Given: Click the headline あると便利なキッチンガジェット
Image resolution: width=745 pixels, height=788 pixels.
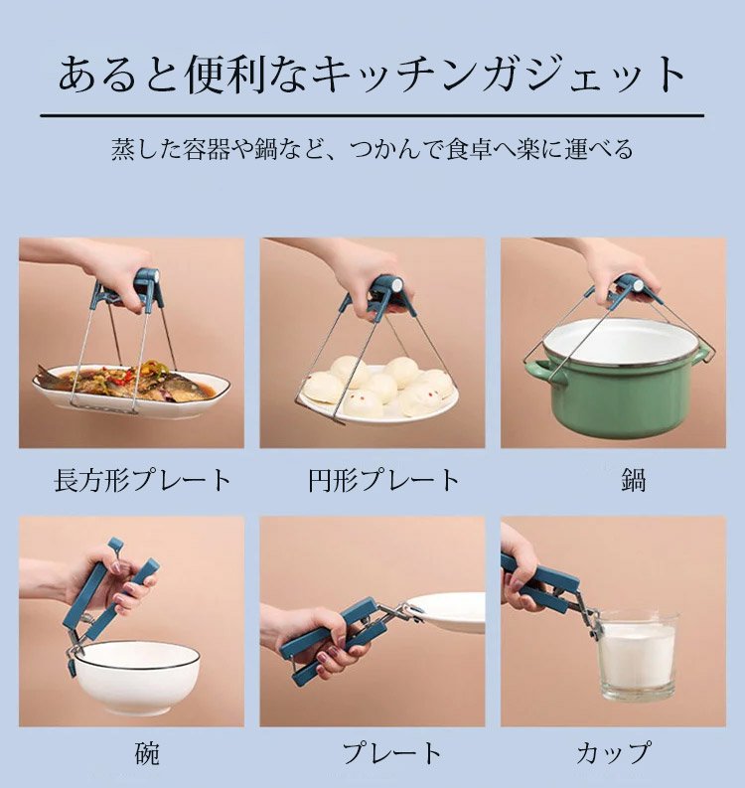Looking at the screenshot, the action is pos(372,76).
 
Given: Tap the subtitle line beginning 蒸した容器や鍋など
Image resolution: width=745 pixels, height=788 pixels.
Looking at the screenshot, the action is pos(372,149).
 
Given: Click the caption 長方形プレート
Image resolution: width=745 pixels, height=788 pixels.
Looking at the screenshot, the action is pos(143,480).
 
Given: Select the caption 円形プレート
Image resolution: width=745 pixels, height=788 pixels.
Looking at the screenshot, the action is pos(383,480).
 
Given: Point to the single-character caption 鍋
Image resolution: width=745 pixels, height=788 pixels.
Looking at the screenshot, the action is pos(633,480).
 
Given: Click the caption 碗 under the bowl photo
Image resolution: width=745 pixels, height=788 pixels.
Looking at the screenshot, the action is pos(147,753).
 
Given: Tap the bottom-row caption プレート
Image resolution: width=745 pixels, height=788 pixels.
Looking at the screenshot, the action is pos(391,753).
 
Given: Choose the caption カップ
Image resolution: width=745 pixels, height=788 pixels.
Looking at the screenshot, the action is pos(613,753).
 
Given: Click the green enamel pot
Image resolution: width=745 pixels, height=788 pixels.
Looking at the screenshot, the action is pos(621,377).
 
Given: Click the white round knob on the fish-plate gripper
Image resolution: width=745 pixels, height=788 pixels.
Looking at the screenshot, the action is pos(153,277).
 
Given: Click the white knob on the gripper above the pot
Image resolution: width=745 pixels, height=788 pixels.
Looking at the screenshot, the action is pos(639,286).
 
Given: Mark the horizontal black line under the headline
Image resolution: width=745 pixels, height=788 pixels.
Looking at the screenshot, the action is pos(372,115).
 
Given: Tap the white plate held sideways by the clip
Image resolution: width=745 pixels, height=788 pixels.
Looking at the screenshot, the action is pos(446,612).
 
